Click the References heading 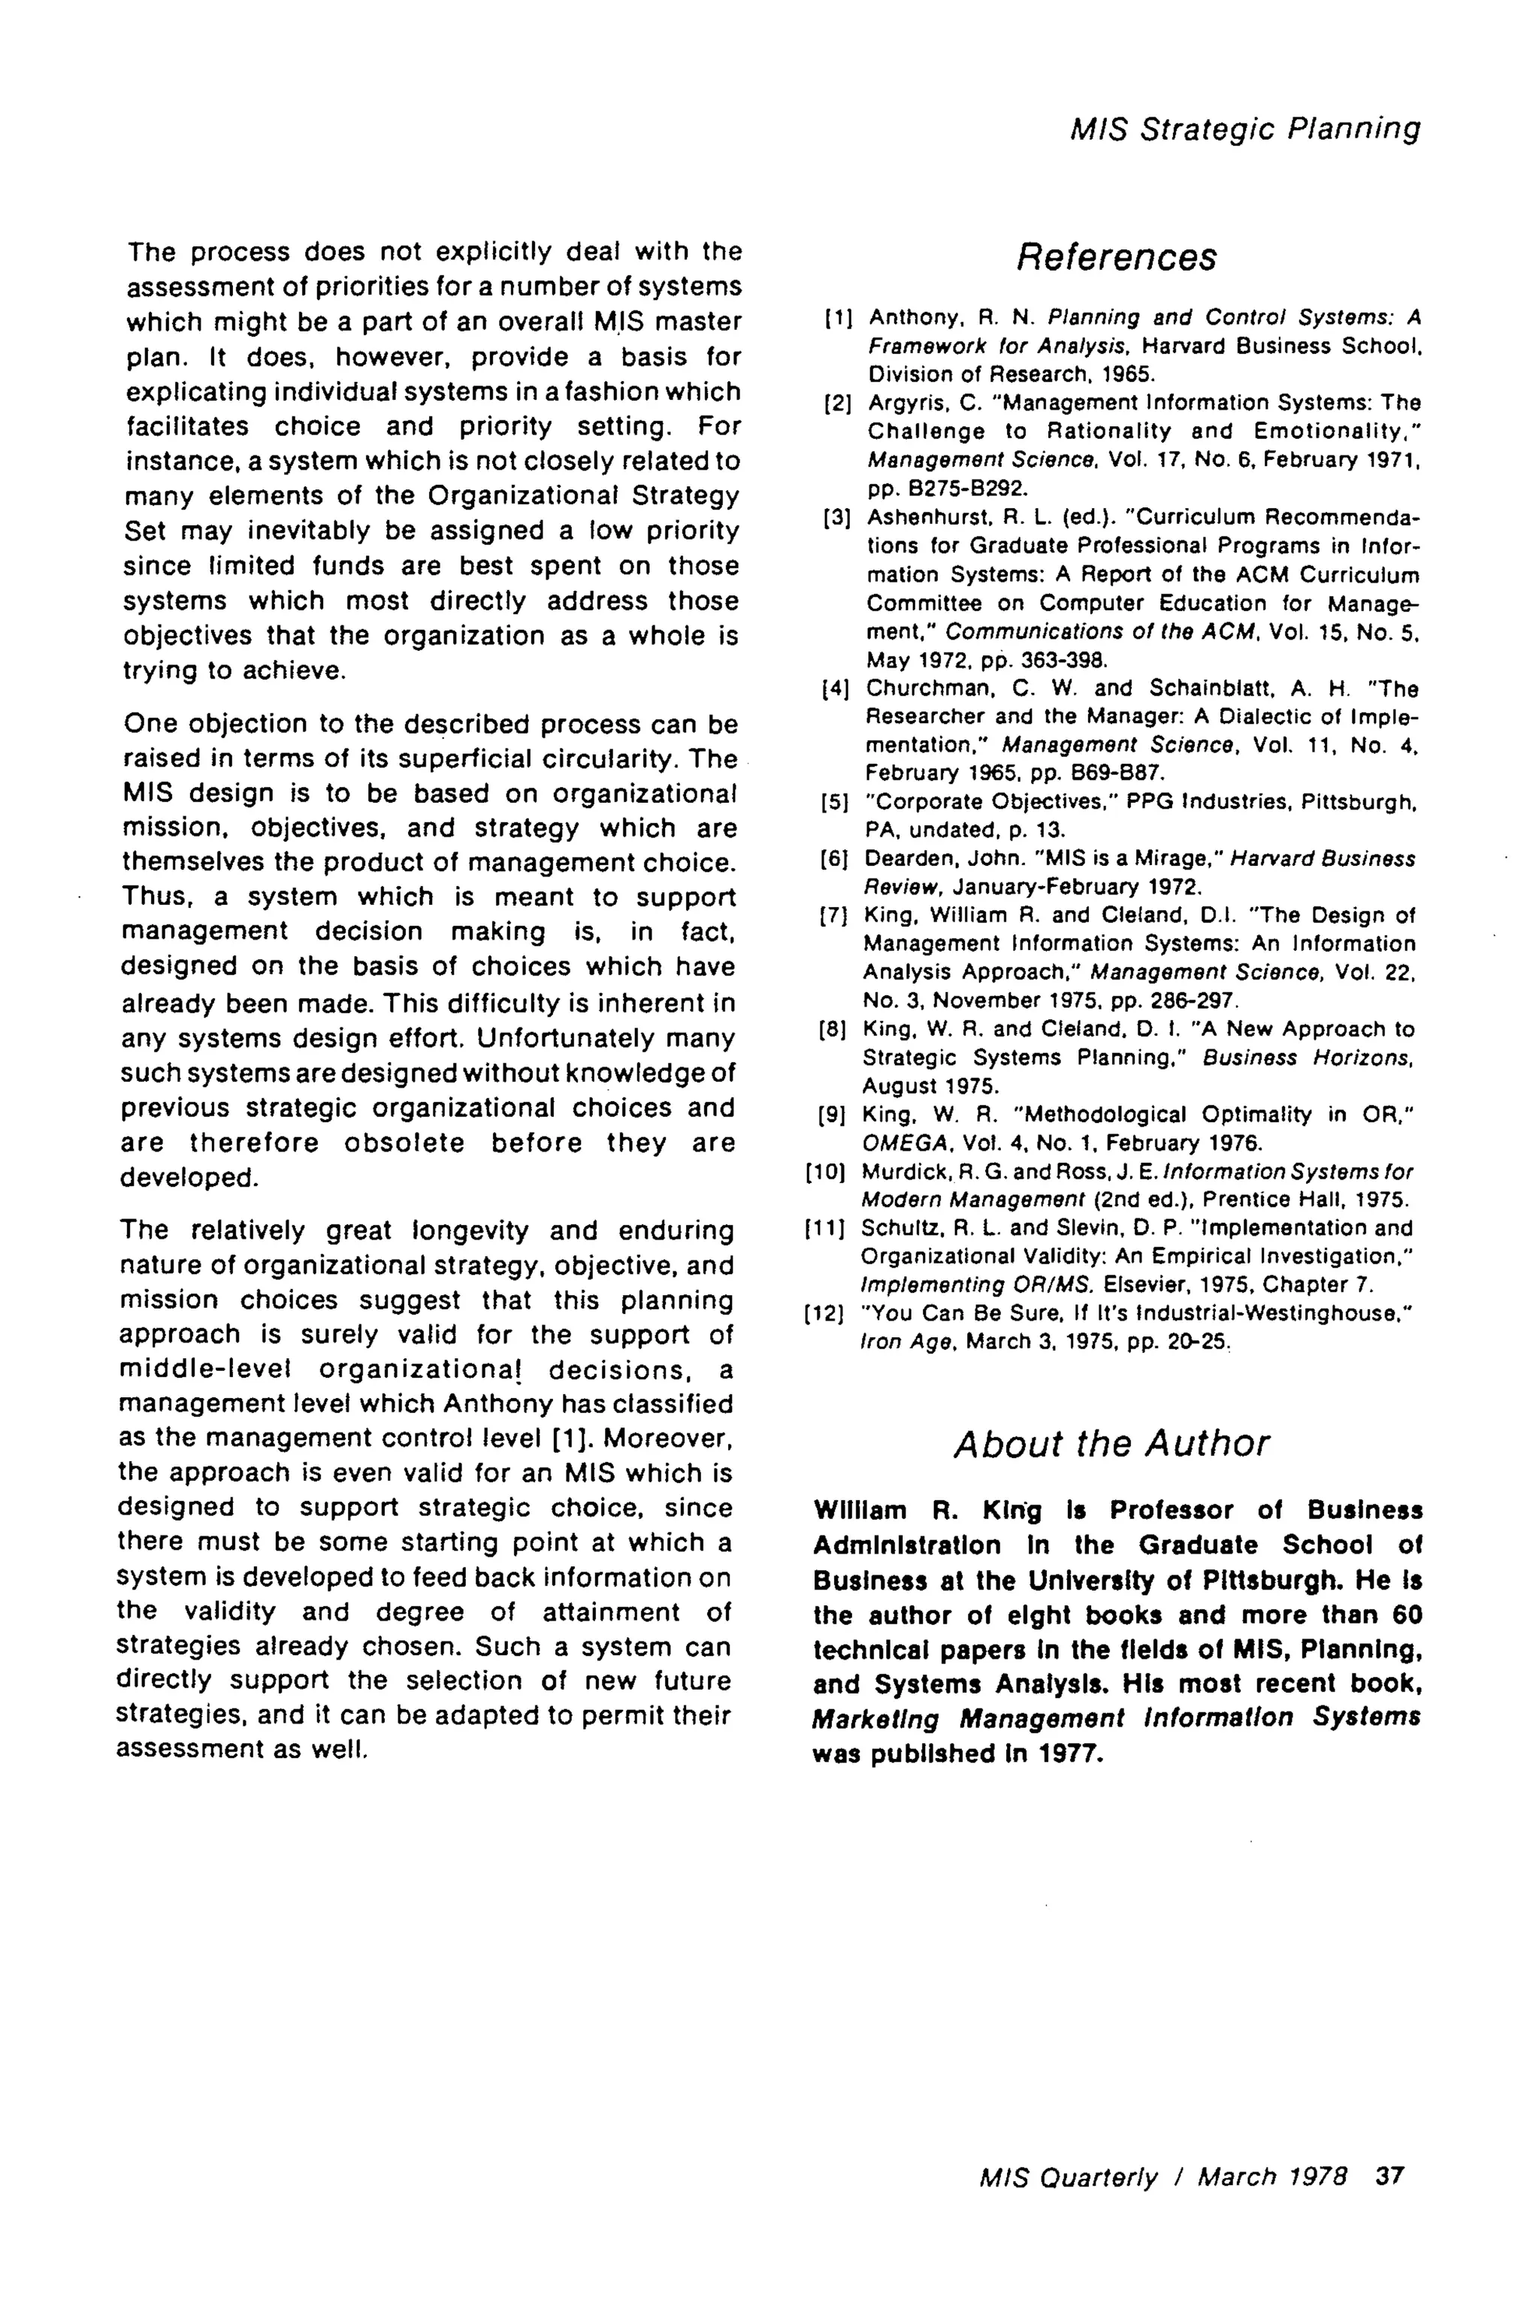point(1116,257)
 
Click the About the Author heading point(1111,1444)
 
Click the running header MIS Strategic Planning point(1244,129)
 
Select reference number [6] point(834,859)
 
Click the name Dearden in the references point(902,859)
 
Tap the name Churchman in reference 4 point(917,688)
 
